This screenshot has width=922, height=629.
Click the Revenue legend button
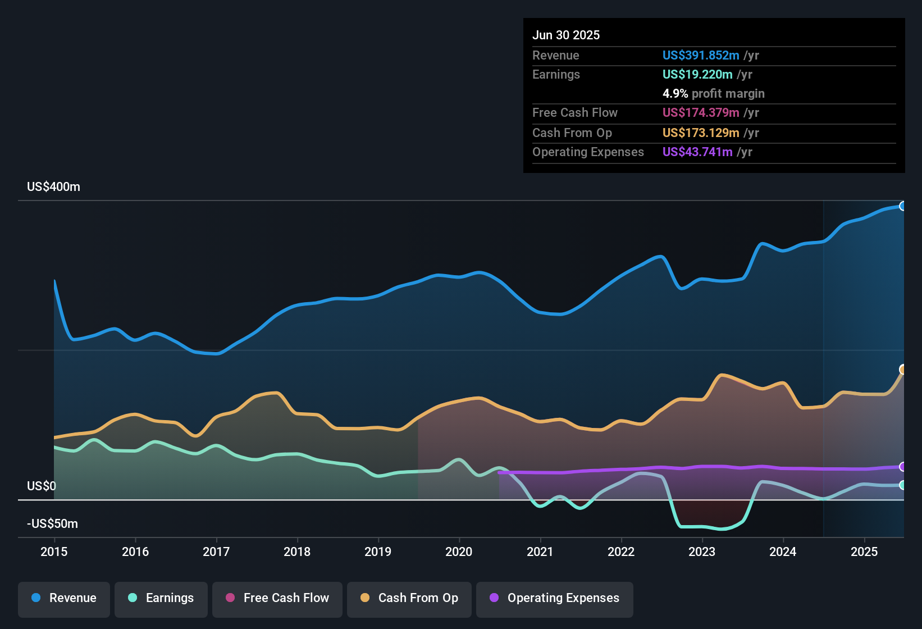(x=64, y=598)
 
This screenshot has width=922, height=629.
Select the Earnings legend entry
(x=161, y=598)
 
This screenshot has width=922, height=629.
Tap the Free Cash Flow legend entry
(x=277, y=598)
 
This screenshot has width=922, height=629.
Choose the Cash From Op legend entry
(x=409, y=598)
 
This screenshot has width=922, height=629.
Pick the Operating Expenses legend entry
(x=554, y=598)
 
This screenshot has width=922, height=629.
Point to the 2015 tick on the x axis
(x=54, y=551)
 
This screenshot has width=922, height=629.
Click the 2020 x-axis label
(x=459, y=551)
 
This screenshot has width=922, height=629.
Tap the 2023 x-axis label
(x=702, y=551)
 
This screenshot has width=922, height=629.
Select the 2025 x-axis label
(x=864, y=551)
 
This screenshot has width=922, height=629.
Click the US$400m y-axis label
(x=53, y=187)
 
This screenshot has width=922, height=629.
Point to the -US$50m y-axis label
(x=52, y=524)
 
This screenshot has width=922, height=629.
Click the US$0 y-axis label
(x=42, y=486)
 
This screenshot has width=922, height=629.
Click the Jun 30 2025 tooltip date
(x=566, y=35)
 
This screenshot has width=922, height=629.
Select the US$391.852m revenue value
(x=700, y=55)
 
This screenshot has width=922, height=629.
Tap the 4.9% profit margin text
(x=713, y=93)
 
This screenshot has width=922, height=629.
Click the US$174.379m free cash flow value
(x=700, y=112)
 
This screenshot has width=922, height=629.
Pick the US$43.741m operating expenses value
(x=697, y=152)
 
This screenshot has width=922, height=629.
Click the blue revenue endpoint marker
(x=902, y=206)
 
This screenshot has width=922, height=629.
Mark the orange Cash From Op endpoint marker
(x=902, y=369)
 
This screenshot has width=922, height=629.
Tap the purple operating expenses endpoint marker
(x=902, y=467)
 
